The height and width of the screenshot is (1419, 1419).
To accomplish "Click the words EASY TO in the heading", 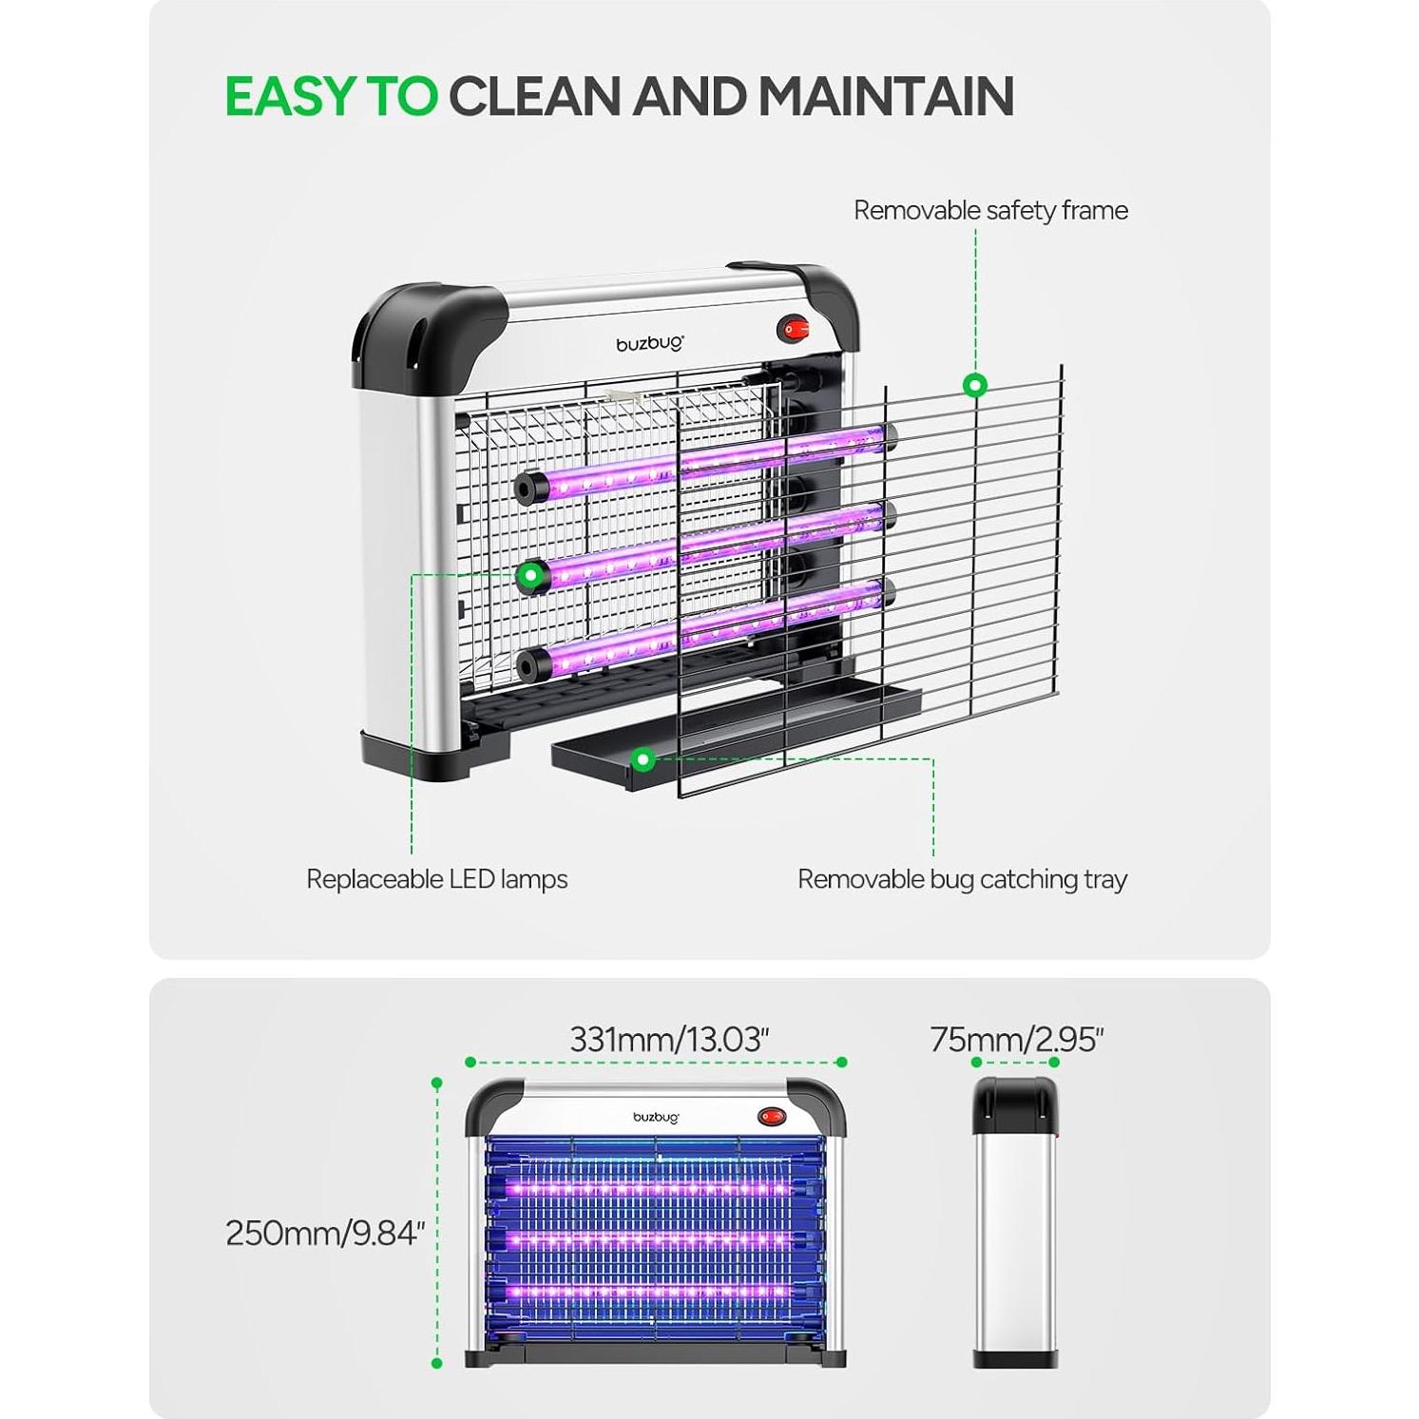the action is coord(331,96).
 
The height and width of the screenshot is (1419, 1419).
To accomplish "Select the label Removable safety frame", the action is coord(990,210).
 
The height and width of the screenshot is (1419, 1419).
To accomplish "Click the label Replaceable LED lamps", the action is coord(436,879).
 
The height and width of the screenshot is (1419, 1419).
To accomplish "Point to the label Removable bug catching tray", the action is coord(962,879).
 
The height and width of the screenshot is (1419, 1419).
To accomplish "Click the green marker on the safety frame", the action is coord(975,386).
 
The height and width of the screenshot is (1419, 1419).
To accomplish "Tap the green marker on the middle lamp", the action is coord(529,574).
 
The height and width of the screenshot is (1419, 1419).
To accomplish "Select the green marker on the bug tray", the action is coord(644,758).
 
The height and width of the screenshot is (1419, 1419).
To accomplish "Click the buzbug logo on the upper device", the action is coord(650,344).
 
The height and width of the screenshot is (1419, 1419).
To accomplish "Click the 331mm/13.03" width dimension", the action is coord(669,1039).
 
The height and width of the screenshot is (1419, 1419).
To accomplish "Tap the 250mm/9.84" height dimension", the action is coord(324,1233).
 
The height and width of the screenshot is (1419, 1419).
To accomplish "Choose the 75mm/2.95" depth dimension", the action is coord(1016,1040).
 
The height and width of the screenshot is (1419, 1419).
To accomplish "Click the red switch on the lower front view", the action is coord(772,1116).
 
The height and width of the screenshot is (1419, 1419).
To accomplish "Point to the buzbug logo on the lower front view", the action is coord(656,1117).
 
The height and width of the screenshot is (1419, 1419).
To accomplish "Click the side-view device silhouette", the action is coord(1015,1222).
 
